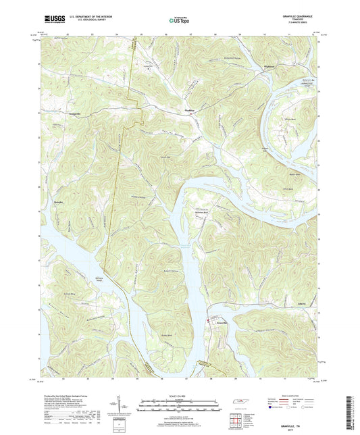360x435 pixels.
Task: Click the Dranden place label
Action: pos(58,201)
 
